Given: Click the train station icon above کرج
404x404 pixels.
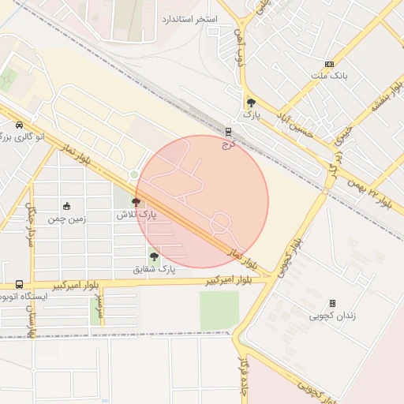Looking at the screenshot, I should tap(229, 133).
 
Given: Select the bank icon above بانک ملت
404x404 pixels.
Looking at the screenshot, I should tap(329, 64).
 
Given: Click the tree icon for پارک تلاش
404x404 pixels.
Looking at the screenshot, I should tap(137, 203).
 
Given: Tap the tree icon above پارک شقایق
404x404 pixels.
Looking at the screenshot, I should tap(154, 256).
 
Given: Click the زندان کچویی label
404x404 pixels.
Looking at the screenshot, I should tap(331, 316).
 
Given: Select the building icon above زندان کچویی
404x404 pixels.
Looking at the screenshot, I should tap(331, 303).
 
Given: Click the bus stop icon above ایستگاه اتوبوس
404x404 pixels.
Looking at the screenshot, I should tap(19, 284).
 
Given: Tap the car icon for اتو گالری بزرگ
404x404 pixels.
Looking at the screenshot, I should tap(18, 125).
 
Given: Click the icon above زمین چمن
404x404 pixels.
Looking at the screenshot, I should tap(66, 206).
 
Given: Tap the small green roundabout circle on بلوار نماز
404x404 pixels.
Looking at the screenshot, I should tap(134, 174).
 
